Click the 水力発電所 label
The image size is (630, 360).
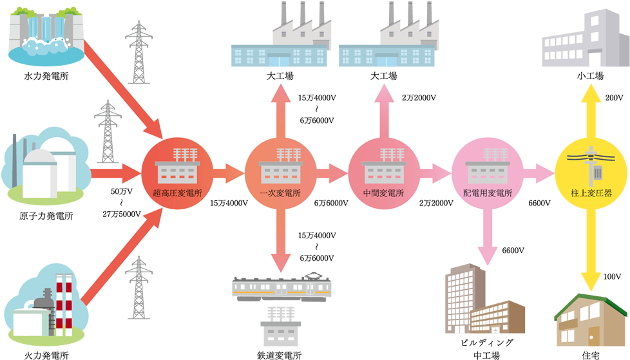pyautogui.click(x=46, y=77)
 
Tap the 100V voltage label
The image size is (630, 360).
pyautogui.click(x=613, y=276)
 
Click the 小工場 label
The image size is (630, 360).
pyautogui.click(x=590, y=77)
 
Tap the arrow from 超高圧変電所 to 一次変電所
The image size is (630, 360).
pyautogui.click(x=226, y=172)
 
